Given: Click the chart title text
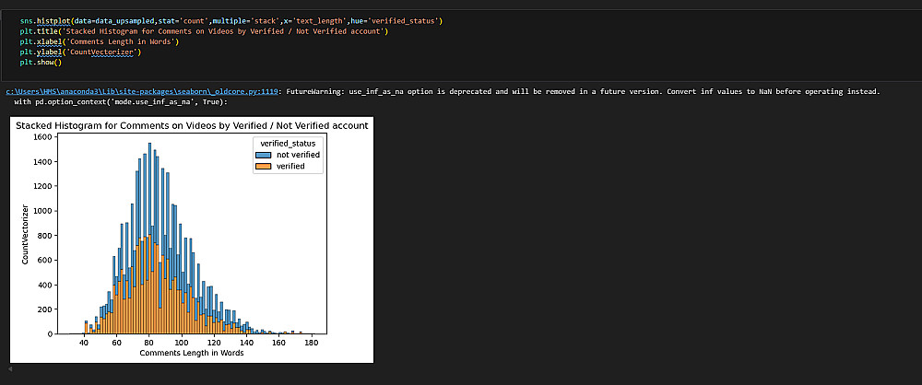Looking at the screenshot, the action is point(192,125).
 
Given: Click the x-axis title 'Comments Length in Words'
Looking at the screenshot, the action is point(192,354).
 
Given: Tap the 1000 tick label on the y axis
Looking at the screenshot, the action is point(42,211).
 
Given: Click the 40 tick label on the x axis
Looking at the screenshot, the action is point(84,343).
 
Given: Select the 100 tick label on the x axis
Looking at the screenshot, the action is point(182,343).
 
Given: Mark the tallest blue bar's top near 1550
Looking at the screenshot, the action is point(150,144).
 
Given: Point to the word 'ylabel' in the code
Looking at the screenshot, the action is point(48,52).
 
